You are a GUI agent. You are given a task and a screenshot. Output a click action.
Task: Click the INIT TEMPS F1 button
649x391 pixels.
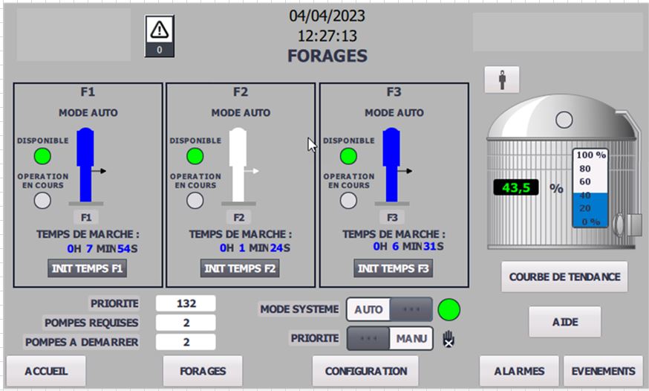[87, 268]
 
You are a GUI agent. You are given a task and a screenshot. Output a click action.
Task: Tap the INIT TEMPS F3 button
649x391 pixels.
[393, 268]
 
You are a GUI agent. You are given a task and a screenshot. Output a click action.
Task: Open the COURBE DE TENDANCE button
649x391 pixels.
[564, 277]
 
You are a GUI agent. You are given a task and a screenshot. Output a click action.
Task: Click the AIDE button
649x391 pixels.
[564, 322]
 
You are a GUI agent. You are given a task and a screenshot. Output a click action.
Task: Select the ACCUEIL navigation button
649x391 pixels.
[46, 371]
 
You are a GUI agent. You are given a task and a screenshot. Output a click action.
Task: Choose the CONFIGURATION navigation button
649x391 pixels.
[365, 371]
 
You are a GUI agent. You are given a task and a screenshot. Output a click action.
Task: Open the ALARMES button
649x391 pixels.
[519, 371]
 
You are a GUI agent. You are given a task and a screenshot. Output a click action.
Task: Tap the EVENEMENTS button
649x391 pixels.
[602, 371]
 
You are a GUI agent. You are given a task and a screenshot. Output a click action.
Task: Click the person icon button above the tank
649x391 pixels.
[501, 80]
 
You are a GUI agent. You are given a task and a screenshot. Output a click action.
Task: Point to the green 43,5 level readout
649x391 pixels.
[516, 188]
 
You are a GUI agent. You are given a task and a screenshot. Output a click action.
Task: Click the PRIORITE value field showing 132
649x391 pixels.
[186, 303]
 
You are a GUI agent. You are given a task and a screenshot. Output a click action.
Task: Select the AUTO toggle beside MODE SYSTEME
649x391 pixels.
[369, 309]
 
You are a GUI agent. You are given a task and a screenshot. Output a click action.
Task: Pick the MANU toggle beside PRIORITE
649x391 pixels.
[411, 338]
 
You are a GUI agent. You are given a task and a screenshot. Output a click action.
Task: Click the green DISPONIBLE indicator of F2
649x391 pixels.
[195, 156]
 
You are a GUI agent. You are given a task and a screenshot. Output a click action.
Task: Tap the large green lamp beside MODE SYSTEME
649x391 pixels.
[449, 309]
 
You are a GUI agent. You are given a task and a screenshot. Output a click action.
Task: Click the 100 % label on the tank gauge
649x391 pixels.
[591, 155]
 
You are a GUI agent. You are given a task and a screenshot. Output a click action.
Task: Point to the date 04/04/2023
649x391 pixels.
[327, 16]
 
